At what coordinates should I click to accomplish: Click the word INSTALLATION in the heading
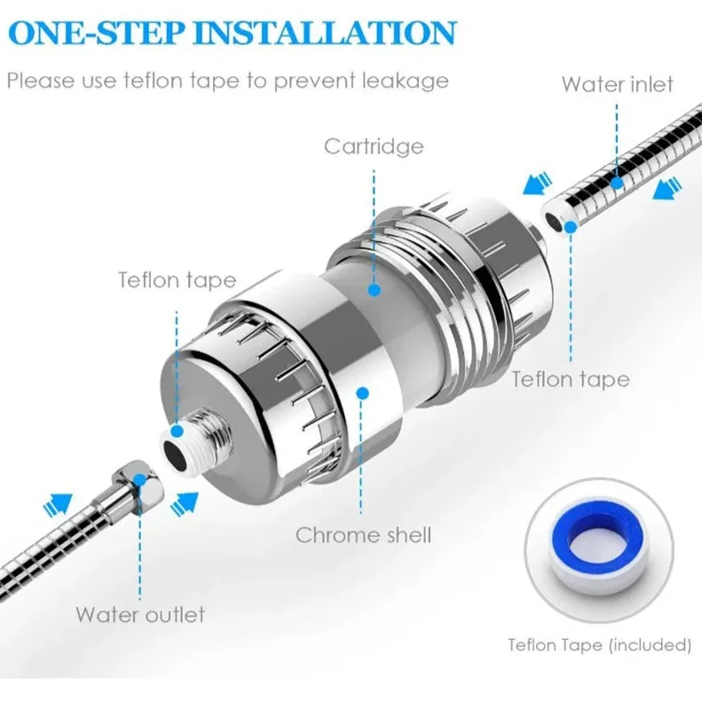tap(326, 32)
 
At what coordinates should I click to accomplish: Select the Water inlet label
tap(618, 84)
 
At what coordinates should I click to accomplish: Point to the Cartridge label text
tap(374, 146)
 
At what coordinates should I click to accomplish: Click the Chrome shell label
tap(363, 535)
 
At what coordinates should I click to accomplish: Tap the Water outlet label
tap(140, 614)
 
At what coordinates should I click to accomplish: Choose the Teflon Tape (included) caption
tap(599, 645)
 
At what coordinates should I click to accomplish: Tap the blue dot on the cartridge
tap(375, 289)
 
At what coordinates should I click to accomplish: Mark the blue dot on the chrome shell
tap(363, 393)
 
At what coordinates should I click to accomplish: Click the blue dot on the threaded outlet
tap(177, 431)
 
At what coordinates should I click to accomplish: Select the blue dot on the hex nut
tap(140, 480)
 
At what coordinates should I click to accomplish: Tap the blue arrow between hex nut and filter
tap(185, 502)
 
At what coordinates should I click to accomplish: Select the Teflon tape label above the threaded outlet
tap(177, 280)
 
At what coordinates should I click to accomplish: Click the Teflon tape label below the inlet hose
tap(571, 379)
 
